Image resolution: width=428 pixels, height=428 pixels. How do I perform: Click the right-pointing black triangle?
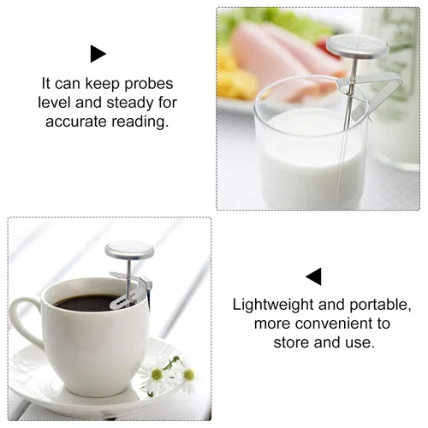[x=98, y=54]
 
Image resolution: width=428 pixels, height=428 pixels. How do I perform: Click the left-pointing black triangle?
[x=314, y=276]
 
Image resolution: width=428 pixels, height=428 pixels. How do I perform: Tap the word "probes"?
[x=149, y=84]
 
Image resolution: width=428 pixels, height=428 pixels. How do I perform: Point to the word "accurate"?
[x=76, y=122]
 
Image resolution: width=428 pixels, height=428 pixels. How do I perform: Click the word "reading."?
[x=140, y=122]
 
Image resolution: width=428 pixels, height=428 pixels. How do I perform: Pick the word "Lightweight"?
[x=273, y=305]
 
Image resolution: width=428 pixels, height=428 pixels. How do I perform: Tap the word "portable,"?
[x=380, y=305]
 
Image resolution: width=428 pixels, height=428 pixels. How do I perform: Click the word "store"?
[x=292, y=342]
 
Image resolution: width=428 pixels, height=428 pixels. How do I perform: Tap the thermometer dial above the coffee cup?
[x=129, y=250]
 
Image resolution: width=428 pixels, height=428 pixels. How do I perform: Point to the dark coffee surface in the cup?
[x=86, y=303]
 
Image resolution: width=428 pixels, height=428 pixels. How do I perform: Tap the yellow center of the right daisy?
[x=188, y=375]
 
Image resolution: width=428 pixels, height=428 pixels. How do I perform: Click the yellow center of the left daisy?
[x=157, y=374]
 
